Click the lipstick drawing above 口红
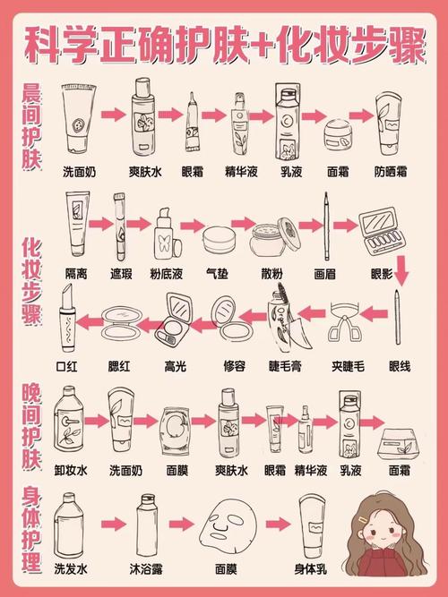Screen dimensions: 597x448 (x=65, y=326)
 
